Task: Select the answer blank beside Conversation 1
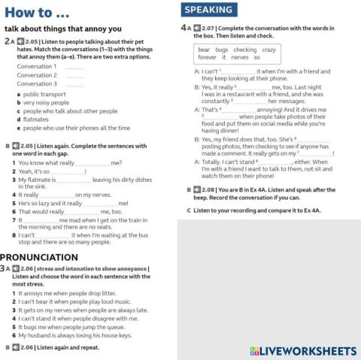tap(74, 67)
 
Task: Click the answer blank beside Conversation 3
tap(74, 84)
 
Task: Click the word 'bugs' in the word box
tap(222, 49)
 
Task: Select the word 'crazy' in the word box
tap(268, 49)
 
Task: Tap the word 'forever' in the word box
tap(207, 57)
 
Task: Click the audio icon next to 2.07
tap(196, 28)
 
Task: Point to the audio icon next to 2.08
tap(198, 190)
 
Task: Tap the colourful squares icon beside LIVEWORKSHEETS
tap(255, 350)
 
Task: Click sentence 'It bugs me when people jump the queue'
tap(71, 327)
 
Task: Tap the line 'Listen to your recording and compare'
tap(256, 210)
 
